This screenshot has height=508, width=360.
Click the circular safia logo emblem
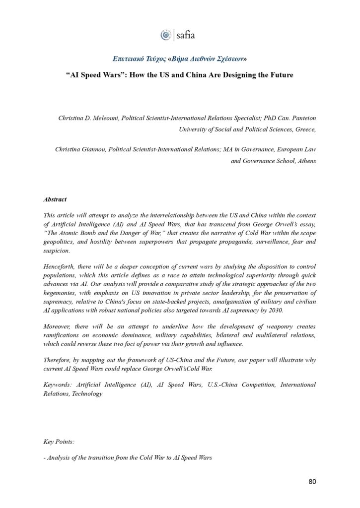point(165,35)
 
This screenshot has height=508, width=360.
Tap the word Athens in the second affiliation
point(304,161)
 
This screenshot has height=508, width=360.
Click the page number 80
point(311,481)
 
